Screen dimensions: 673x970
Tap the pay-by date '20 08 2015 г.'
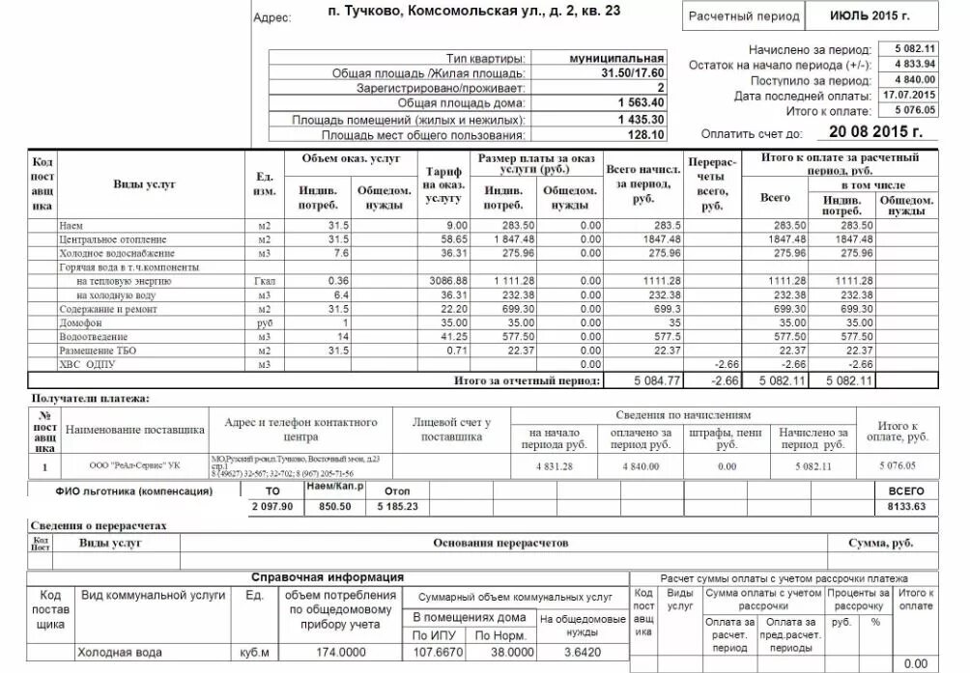click(874, 132)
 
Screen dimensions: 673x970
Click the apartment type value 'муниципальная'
click(617, 58)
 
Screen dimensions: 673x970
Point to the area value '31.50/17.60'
click(633, 72)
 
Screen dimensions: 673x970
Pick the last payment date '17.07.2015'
click(908, 95)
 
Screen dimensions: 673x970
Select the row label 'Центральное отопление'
click(113, 239)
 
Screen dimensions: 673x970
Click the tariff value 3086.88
click(447, 280)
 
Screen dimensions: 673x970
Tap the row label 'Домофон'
click(78, 323)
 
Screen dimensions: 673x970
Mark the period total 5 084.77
click(657, 380)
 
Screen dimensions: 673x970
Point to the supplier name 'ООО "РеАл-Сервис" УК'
click(134, 465)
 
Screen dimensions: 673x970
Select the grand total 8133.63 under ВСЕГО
click(905, 507)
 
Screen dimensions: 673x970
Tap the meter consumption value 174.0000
click(342, 653)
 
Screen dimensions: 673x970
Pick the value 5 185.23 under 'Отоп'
click(397, 507)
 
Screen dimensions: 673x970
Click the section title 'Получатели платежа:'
click(91, 398)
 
